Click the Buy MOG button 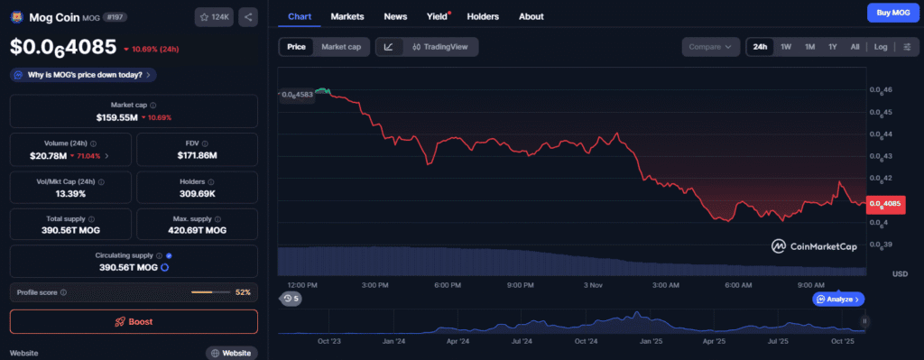pyautogui.click(x=887, y=14)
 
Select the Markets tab pyautogui.click(x=347, y=16)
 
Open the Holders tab pyautogui.click(x=483, y=16)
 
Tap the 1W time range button pyautogui.click(x=786, y=47)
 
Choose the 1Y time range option pyautogui.click(x=833, y=47)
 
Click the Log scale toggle pyautogui.click(x=881, y=47)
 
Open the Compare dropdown pyautogui.click(x=709, y=47)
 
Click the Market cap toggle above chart pyautogui.click(x=341, y=47)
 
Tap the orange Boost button pyautogui.click(x=134, y=321)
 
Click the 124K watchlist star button pyautogui.click(x=213, y=16)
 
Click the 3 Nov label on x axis pyautogui.click(x=593, y=285)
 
